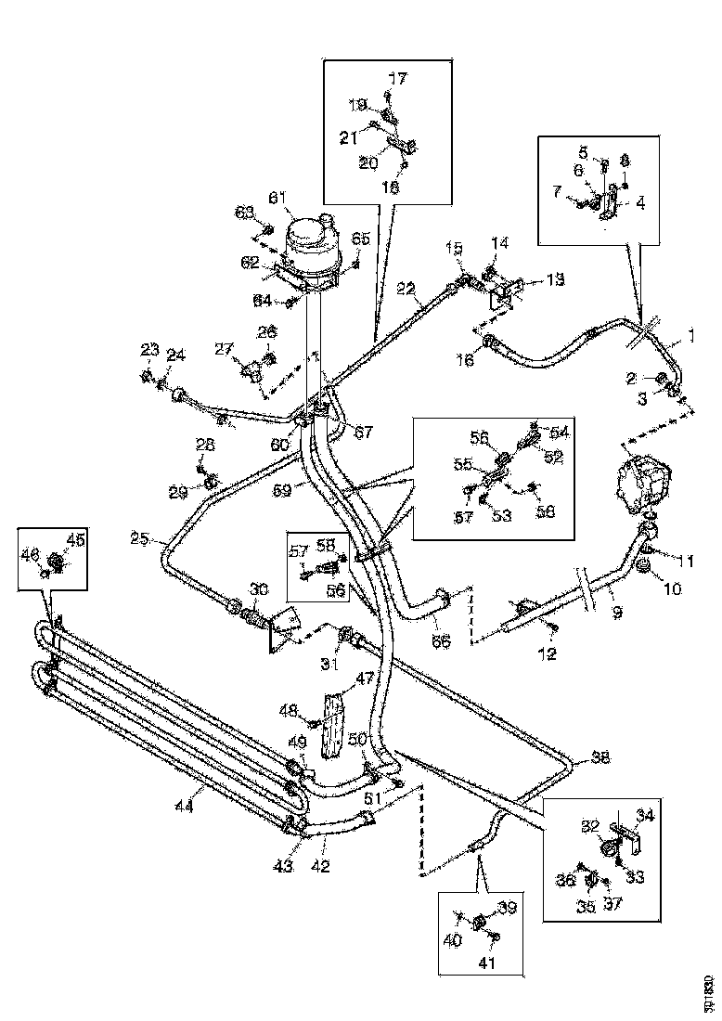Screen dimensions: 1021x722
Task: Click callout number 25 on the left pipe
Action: (140, 538)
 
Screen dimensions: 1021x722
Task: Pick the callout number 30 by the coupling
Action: (258, 590)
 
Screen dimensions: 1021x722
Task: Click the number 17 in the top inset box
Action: (397, 81)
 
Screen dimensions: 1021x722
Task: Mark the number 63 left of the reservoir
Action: (244, 213)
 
